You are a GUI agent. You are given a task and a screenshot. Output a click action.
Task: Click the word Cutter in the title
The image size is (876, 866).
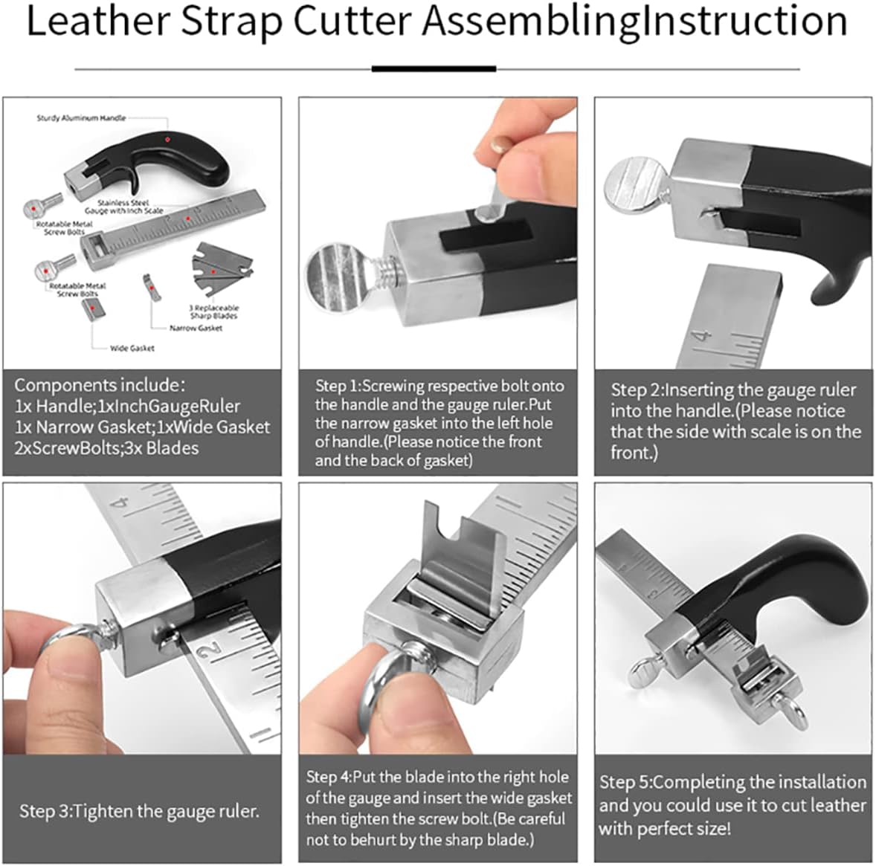pos(352,22)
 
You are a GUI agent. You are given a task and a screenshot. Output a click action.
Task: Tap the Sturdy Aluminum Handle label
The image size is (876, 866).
pos(81,117)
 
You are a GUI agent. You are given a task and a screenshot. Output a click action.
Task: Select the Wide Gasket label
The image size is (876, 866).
pos(132,348)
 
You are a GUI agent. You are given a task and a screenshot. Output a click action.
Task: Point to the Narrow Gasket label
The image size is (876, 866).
pos(196,328)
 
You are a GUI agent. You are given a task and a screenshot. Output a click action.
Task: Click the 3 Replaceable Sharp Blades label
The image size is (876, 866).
pos(213,311)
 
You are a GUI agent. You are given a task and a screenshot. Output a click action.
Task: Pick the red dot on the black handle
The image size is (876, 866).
pos(167,139)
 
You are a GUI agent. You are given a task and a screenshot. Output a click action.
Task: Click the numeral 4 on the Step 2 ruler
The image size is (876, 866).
pos(703,337)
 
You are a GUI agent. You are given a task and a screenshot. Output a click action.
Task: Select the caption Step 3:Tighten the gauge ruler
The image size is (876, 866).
pos(139,811)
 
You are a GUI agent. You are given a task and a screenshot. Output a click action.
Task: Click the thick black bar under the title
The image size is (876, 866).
pos(434,68)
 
